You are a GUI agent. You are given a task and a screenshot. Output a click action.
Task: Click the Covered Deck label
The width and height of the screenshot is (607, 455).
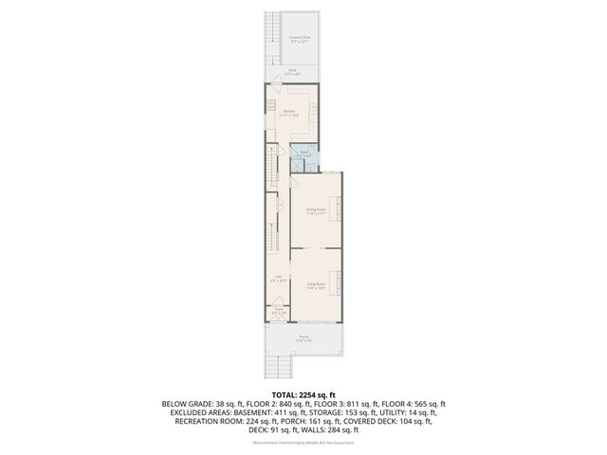[300, 38]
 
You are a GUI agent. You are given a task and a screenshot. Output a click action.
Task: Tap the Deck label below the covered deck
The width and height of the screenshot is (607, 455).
[293, 71]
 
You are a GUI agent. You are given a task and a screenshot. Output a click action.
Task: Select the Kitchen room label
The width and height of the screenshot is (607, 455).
[289, 113]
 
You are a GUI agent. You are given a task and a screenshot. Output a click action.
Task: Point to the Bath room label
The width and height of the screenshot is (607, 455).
[305, 154]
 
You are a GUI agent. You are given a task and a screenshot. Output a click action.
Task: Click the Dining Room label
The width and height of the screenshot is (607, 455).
[315, 211]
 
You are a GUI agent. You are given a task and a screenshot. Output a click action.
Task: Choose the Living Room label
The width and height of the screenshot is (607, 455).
[315, 285]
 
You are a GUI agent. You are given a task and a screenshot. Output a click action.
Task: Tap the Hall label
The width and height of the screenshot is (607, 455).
[276, 279]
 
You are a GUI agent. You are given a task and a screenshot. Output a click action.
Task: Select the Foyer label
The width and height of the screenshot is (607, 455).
[279, 310]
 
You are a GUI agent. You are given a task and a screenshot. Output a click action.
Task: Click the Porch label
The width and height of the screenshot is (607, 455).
[303, 338]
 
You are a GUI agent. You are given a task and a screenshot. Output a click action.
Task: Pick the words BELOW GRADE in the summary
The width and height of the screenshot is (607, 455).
[189, 403]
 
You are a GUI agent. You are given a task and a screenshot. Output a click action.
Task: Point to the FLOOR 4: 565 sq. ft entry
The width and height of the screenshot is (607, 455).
[414, 403]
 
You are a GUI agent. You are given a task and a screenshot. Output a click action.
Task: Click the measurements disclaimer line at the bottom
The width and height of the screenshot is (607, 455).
[303, 441]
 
